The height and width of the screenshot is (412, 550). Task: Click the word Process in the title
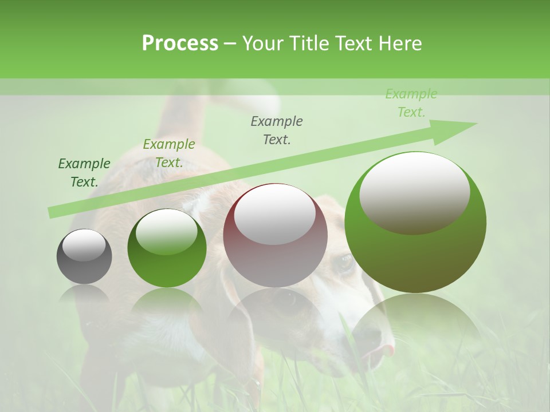coord(180,43)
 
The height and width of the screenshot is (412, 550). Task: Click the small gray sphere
coord(84,256)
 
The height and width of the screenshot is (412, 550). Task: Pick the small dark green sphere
coord(167,248)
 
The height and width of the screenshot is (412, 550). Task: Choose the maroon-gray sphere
coord(275,235)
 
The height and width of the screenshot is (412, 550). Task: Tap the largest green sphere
coord(415,222)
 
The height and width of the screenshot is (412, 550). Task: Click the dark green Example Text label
coord(84,173)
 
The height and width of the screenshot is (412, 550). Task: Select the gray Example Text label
coord(277,130)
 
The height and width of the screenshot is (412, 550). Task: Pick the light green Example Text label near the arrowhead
coord(411,103)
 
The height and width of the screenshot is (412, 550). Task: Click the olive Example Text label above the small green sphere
coord(168,153)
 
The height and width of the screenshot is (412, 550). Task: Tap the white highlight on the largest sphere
coord(414,192)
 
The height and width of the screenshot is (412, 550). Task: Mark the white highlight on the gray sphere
coord(84,245)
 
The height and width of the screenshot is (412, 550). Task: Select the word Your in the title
coord(262,43)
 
